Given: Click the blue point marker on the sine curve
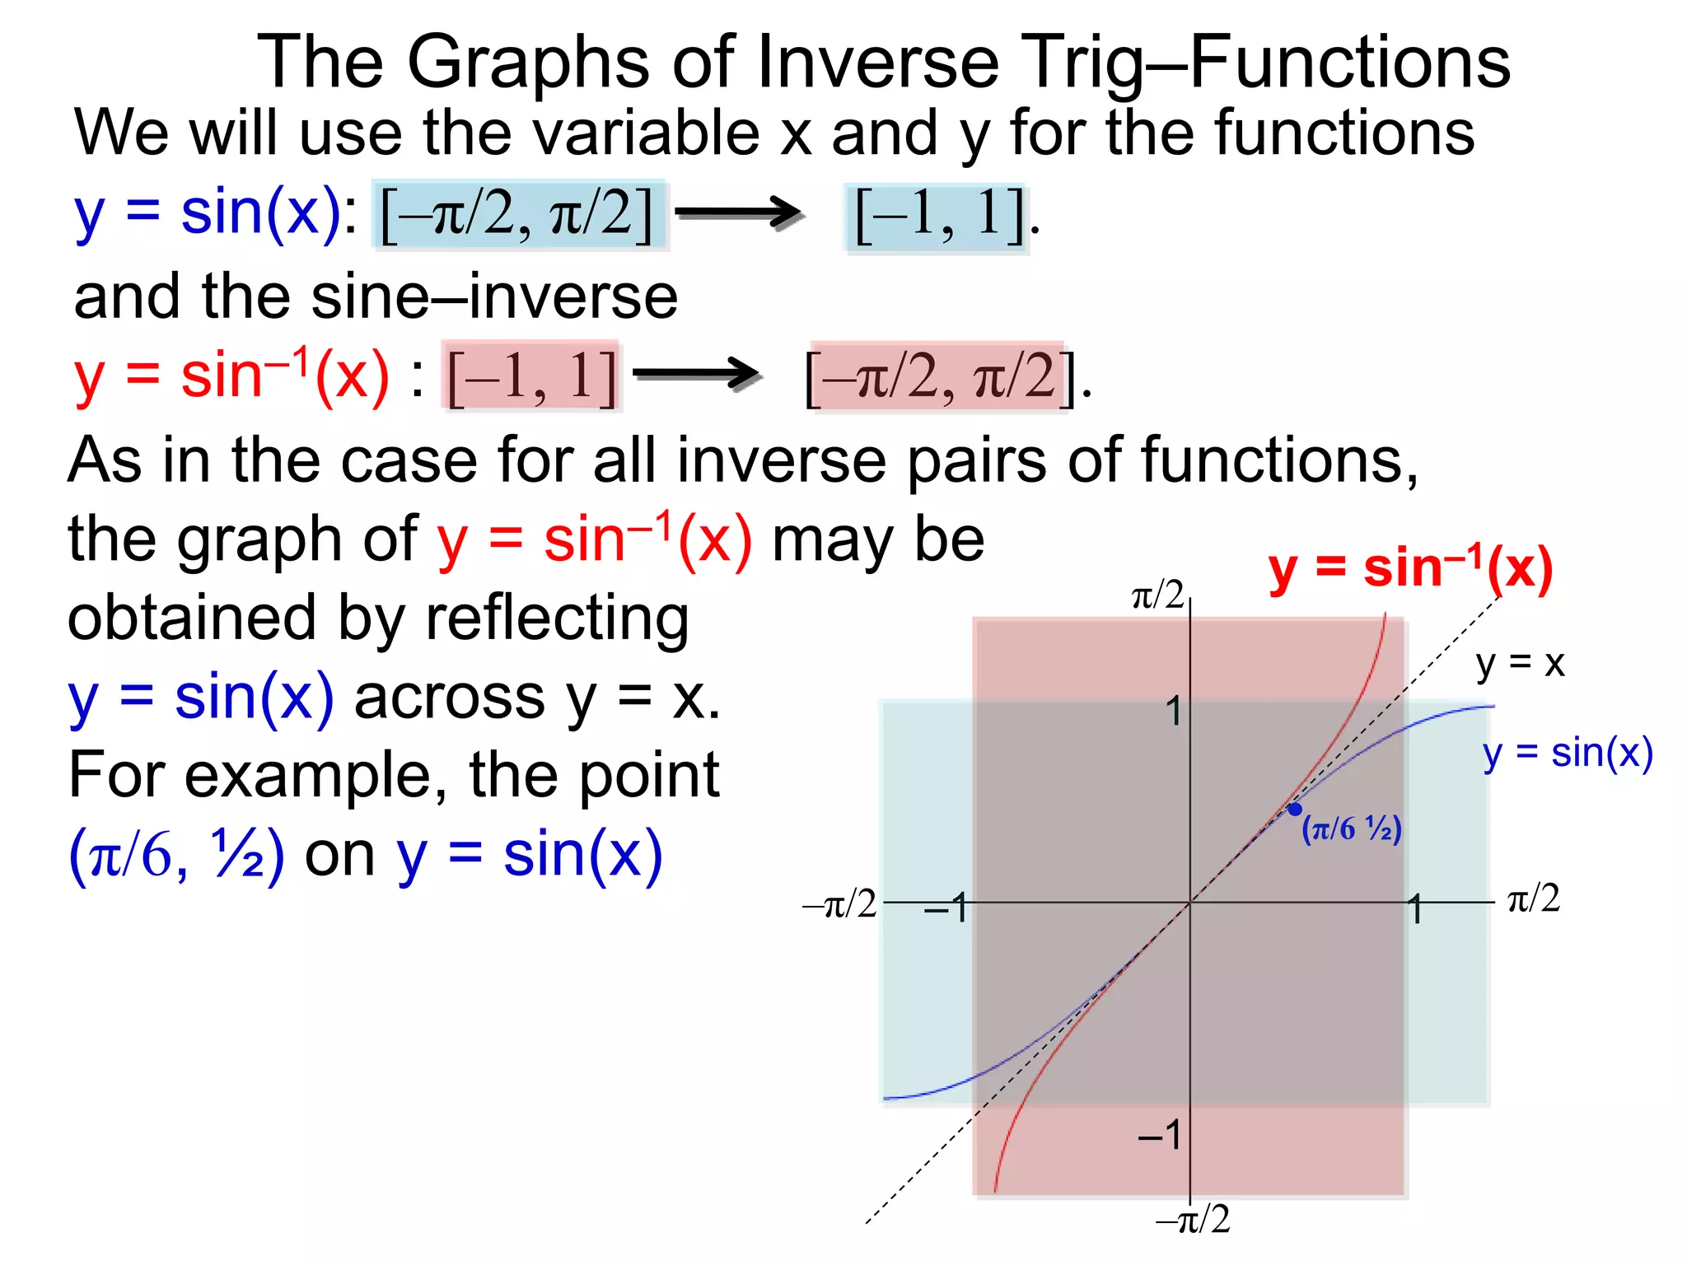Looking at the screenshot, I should coord(1295,809).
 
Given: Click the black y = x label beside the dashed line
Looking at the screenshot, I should coord(1520,663).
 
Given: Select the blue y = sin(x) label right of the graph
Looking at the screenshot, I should coord(1568,753).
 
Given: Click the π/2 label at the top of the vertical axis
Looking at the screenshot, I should coord(1157,595).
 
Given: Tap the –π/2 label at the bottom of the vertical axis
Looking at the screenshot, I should coord(1194,1219).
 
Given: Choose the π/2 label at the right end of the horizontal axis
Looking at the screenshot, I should coord(1534,898).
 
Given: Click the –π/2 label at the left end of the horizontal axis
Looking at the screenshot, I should coord(839,904).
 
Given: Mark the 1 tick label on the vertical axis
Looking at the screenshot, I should coord(1175,712).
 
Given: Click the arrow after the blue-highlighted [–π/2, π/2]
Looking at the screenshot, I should coord(739,213).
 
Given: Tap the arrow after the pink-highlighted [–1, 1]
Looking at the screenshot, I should coord(697,376).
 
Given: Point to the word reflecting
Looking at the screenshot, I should coord(557,618).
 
